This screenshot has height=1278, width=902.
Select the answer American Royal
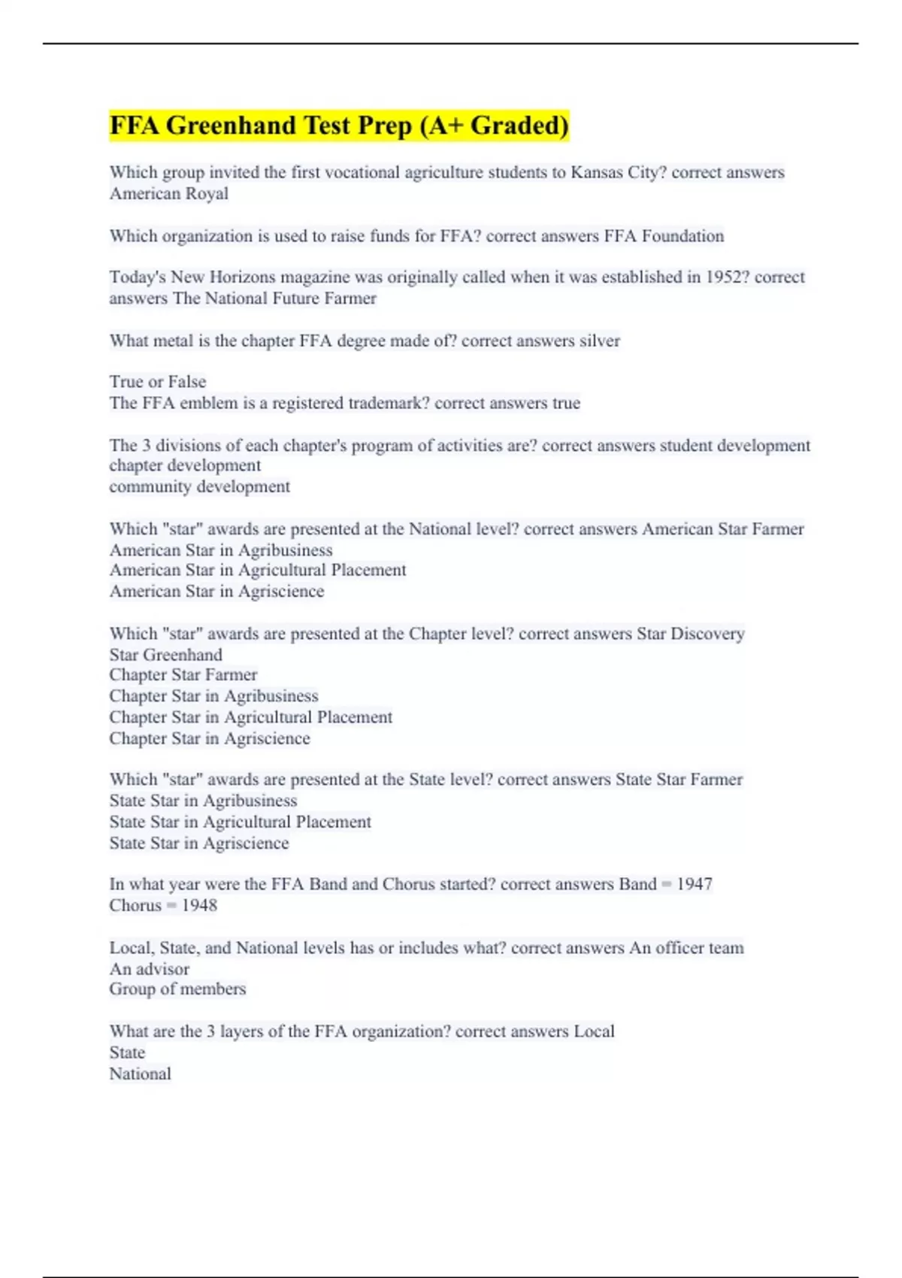point(168,193)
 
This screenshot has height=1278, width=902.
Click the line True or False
point(157,381)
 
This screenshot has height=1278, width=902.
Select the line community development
point(199,486)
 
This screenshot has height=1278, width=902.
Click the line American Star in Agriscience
point(216,591)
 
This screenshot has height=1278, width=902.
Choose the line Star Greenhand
point(165,655)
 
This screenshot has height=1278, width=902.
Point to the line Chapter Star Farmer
point(183,675)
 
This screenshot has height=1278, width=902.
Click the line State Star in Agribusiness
point(203,801)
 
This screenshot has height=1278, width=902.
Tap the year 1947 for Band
point(694,884)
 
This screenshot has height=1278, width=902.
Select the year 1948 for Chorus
point(199,905)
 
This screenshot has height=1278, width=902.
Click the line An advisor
point(149,969)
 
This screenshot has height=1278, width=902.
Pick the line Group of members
point(177,989)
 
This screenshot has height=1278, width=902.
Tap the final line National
point(140,1074)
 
